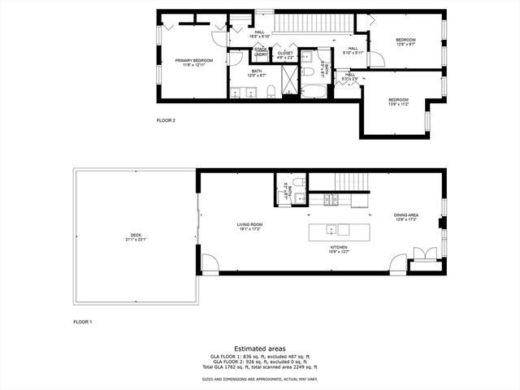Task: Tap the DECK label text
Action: click(134, 238)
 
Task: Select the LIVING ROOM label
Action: click(250, 225)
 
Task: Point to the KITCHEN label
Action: click(339, 249)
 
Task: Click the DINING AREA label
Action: click(405, 217)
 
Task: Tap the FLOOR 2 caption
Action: click(166, 120)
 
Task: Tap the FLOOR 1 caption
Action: click(83, 322)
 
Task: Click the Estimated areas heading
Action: click(259, 348)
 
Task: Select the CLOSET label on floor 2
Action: click(285, 54)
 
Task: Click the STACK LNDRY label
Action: click(260, 52)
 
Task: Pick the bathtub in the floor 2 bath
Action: click(312, 87)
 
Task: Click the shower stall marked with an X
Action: click(288, 84)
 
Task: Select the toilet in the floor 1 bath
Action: click(297, 181)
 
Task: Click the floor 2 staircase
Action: click(314, 24)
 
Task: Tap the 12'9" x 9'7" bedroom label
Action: click(405, 42)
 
